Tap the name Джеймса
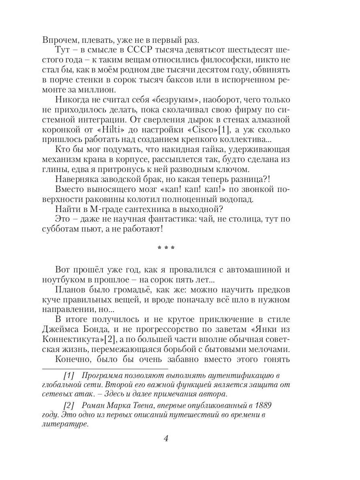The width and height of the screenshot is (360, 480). [64, 329]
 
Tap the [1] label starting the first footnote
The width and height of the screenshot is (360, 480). [69, 375]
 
